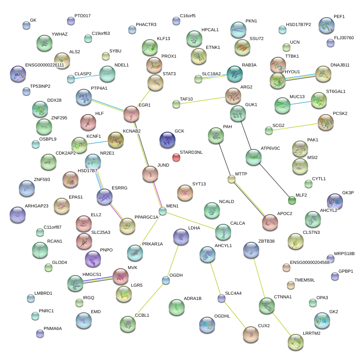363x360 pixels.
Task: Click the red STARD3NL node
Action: pos(176,157)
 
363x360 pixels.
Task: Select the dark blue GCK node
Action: pos(167,140)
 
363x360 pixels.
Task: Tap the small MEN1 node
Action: pos(162,211)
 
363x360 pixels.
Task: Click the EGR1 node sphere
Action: pos(131,114)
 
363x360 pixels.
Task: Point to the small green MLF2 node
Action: pos(292,201)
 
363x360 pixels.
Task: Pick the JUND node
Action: pos(150,173)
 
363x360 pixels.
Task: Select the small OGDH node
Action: pos(165,280)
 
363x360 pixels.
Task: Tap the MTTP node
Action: pos(232,179)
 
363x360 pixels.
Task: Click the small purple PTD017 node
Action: pos(71,21)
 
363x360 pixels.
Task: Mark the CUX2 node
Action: pos(251,334)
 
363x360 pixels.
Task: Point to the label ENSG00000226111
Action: pos(44,65)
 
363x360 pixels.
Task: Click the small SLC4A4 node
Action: pos(221,298)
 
